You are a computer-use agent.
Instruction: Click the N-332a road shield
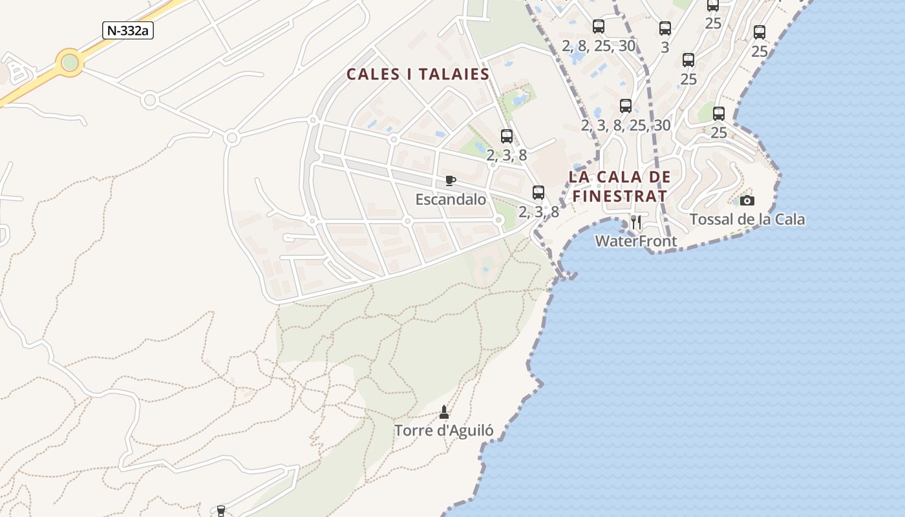pyautogui.click(x=127, y=30)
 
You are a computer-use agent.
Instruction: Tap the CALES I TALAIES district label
pyautogui.click(x=418, y=74)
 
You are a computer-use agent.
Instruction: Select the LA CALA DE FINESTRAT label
pyautogui.click(x=619, y=186)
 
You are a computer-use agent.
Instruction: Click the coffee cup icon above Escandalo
pyautogui.click(x=451, y=180)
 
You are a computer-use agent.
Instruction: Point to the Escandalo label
pyautogui.click(x=451, y=200)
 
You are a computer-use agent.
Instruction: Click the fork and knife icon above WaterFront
pyautogui.click(x=636, y=222)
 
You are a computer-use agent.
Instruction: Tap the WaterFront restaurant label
pyautogui.click(x=636, y=242)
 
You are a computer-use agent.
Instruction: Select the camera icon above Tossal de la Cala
pyautogui.click(x=747, y=200)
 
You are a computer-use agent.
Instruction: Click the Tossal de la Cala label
pyautogui.click(x=747, y=220)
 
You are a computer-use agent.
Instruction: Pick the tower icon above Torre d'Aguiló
pyautogui.click(x=444, y=412)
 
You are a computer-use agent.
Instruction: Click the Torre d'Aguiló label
pyautogui.click(x=444, y=430)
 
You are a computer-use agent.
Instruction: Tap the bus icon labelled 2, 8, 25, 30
pyautogui.click(x=599, y=26)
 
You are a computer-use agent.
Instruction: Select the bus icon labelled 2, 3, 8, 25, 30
pyautogui.click(x=625, y=106)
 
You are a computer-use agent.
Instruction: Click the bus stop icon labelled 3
pyautogui.click(x=665, y=28)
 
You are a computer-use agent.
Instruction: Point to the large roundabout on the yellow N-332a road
pyautogui.click(x=70, y=63)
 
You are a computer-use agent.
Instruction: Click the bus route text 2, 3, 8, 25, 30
pyautogui.click(x=625, y=125)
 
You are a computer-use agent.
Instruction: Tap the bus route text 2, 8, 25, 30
pyautogui.click(x=599, y=46)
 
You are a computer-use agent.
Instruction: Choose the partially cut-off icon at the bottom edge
pyautogui.click(x=221, y=511)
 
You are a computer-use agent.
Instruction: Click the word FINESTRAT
pyautogui.click(x=619, y=196)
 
